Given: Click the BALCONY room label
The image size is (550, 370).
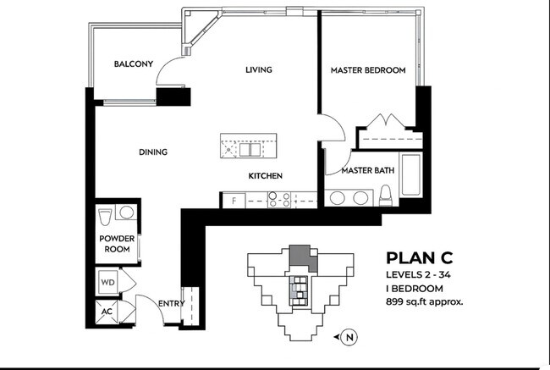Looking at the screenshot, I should click(x=134, y=64).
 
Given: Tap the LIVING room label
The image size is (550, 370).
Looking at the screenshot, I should click(x=259, y=69).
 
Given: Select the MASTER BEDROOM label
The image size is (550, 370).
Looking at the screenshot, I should click(x=367, y=69).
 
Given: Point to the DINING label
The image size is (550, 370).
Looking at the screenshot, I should click(x=153, y=152).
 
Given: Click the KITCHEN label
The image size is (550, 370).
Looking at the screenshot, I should click(x=265, y=176).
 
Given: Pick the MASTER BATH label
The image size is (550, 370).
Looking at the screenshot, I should click(x=367, y=171).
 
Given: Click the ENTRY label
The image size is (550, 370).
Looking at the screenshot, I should click(x=172, y=303).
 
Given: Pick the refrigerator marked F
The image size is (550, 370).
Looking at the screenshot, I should click(x=233, y=200).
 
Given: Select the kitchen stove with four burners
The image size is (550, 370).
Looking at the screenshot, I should click(x=280, y=200).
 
